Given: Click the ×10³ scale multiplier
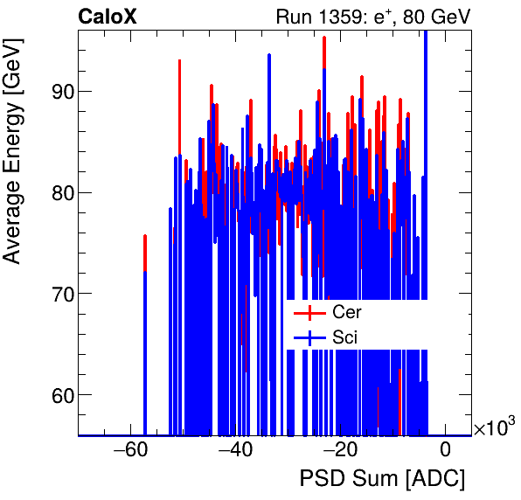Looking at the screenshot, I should (x=494, y=427).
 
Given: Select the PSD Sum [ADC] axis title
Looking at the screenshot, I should (x=382, y=479).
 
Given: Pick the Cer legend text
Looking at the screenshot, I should (x=346, y=311).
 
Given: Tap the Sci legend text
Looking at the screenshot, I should (x=344, y=337).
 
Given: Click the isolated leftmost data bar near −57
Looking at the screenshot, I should (x=145, y=332).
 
